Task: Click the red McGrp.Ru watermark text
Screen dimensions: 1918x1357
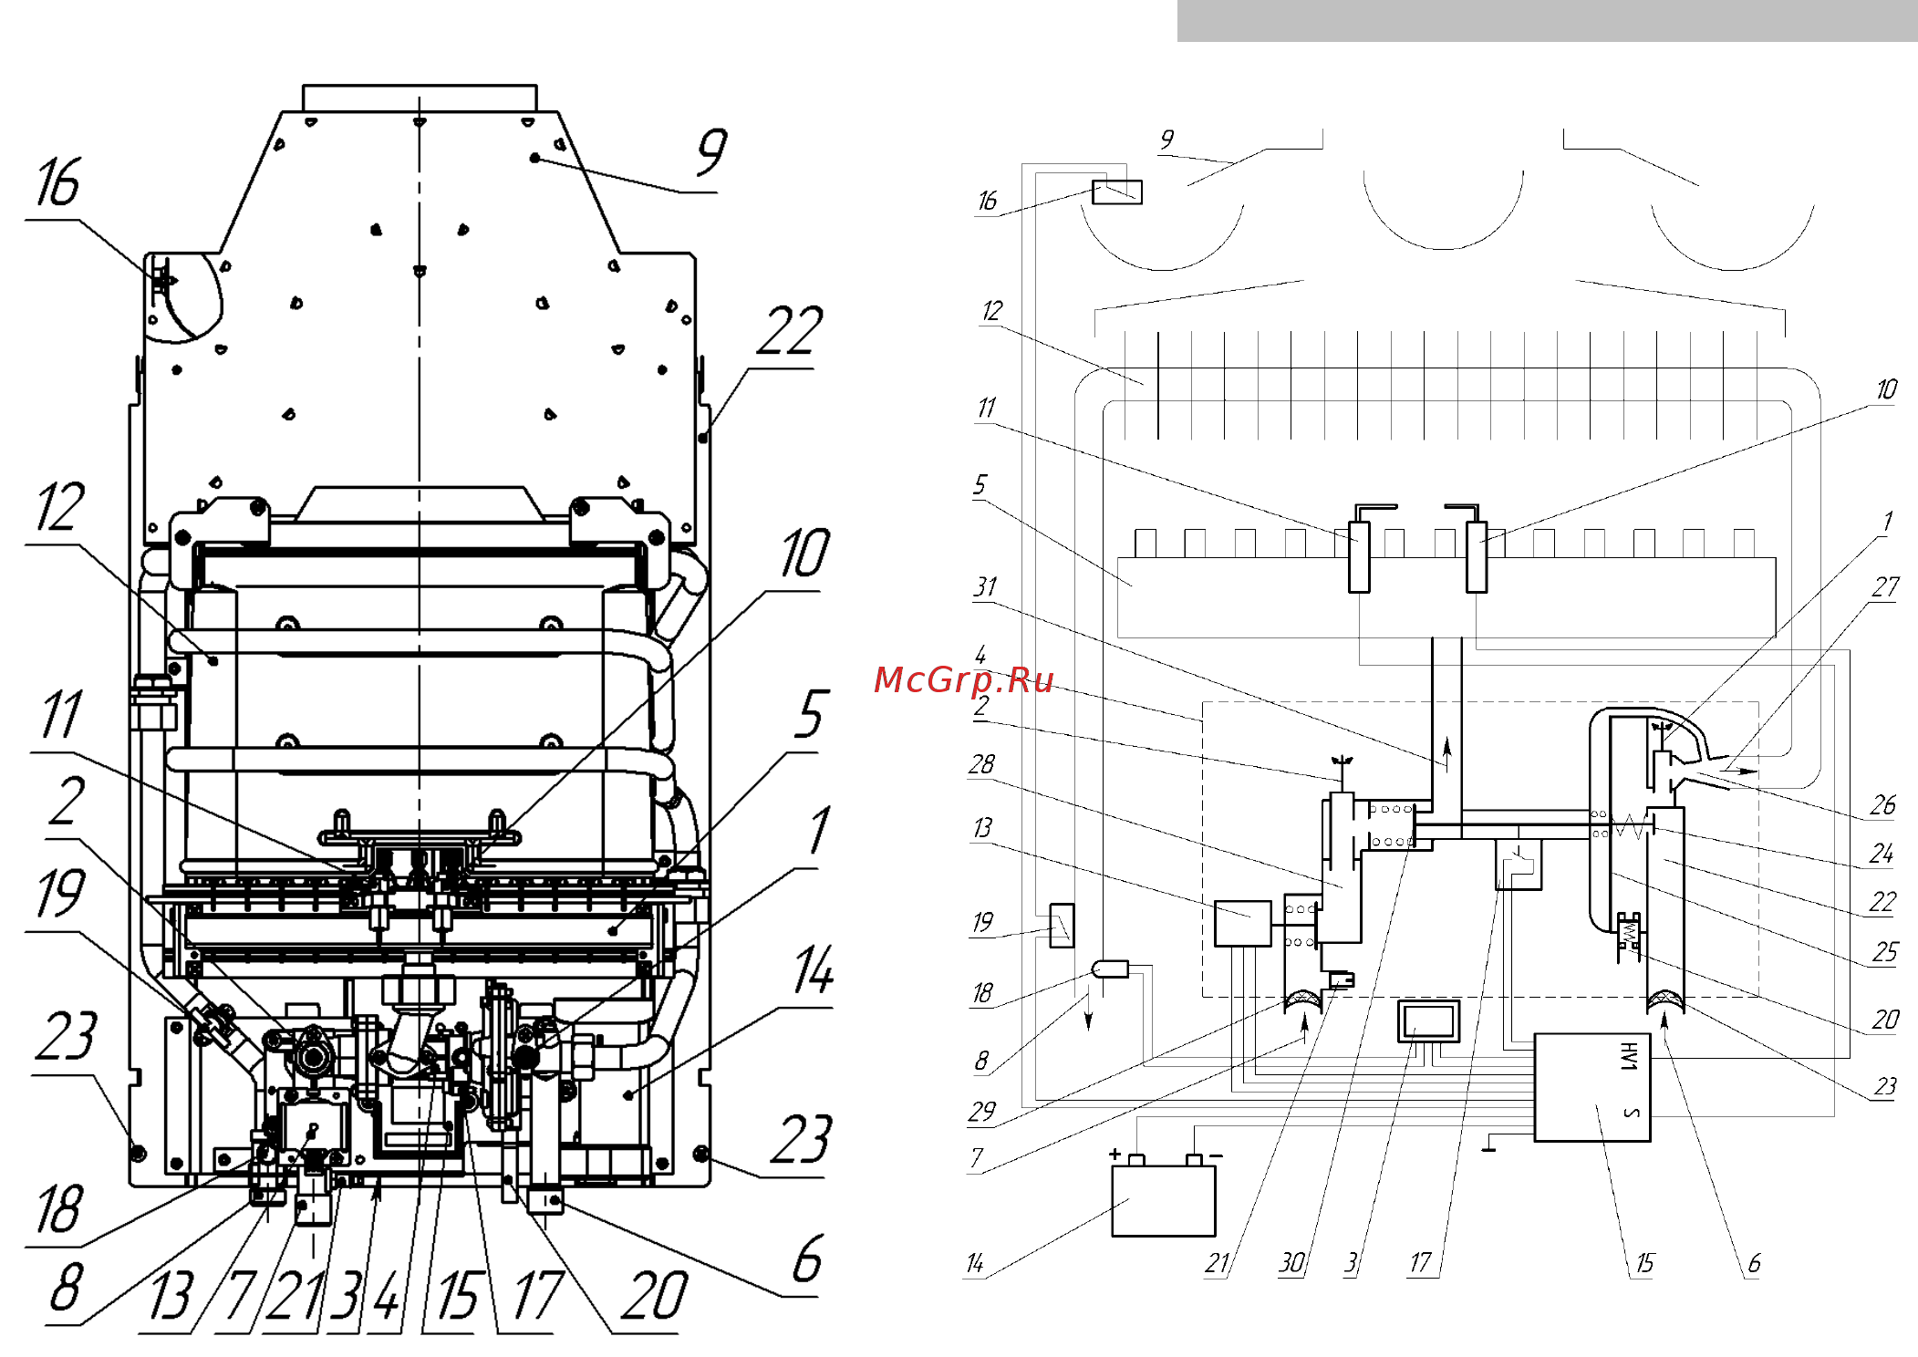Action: pyautogui.click(x=963, y=679)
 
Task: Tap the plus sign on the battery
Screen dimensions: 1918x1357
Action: pyautogui.click(x=1115, y=1154)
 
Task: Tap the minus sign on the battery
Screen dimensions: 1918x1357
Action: pyautogui.click(x=1216, y=1155)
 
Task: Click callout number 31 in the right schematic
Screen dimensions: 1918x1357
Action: pyautogui.click(x=985, y=586)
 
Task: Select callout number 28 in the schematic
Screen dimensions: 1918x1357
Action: pyautogui.click(x=981, y=763)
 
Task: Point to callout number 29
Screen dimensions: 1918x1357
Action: pyautogui.click(x=981, y=1111)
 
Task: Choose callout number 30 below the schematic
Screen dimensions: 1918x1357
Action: pyautogui.click(x=1291, y=1262)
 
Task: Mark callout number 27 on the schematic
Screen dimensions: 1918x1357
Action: pyautogui.click(x=1886, y=586)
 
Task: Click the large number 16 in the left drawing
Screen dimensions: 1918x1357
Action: pyautogui.click(x=58, y=182)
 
